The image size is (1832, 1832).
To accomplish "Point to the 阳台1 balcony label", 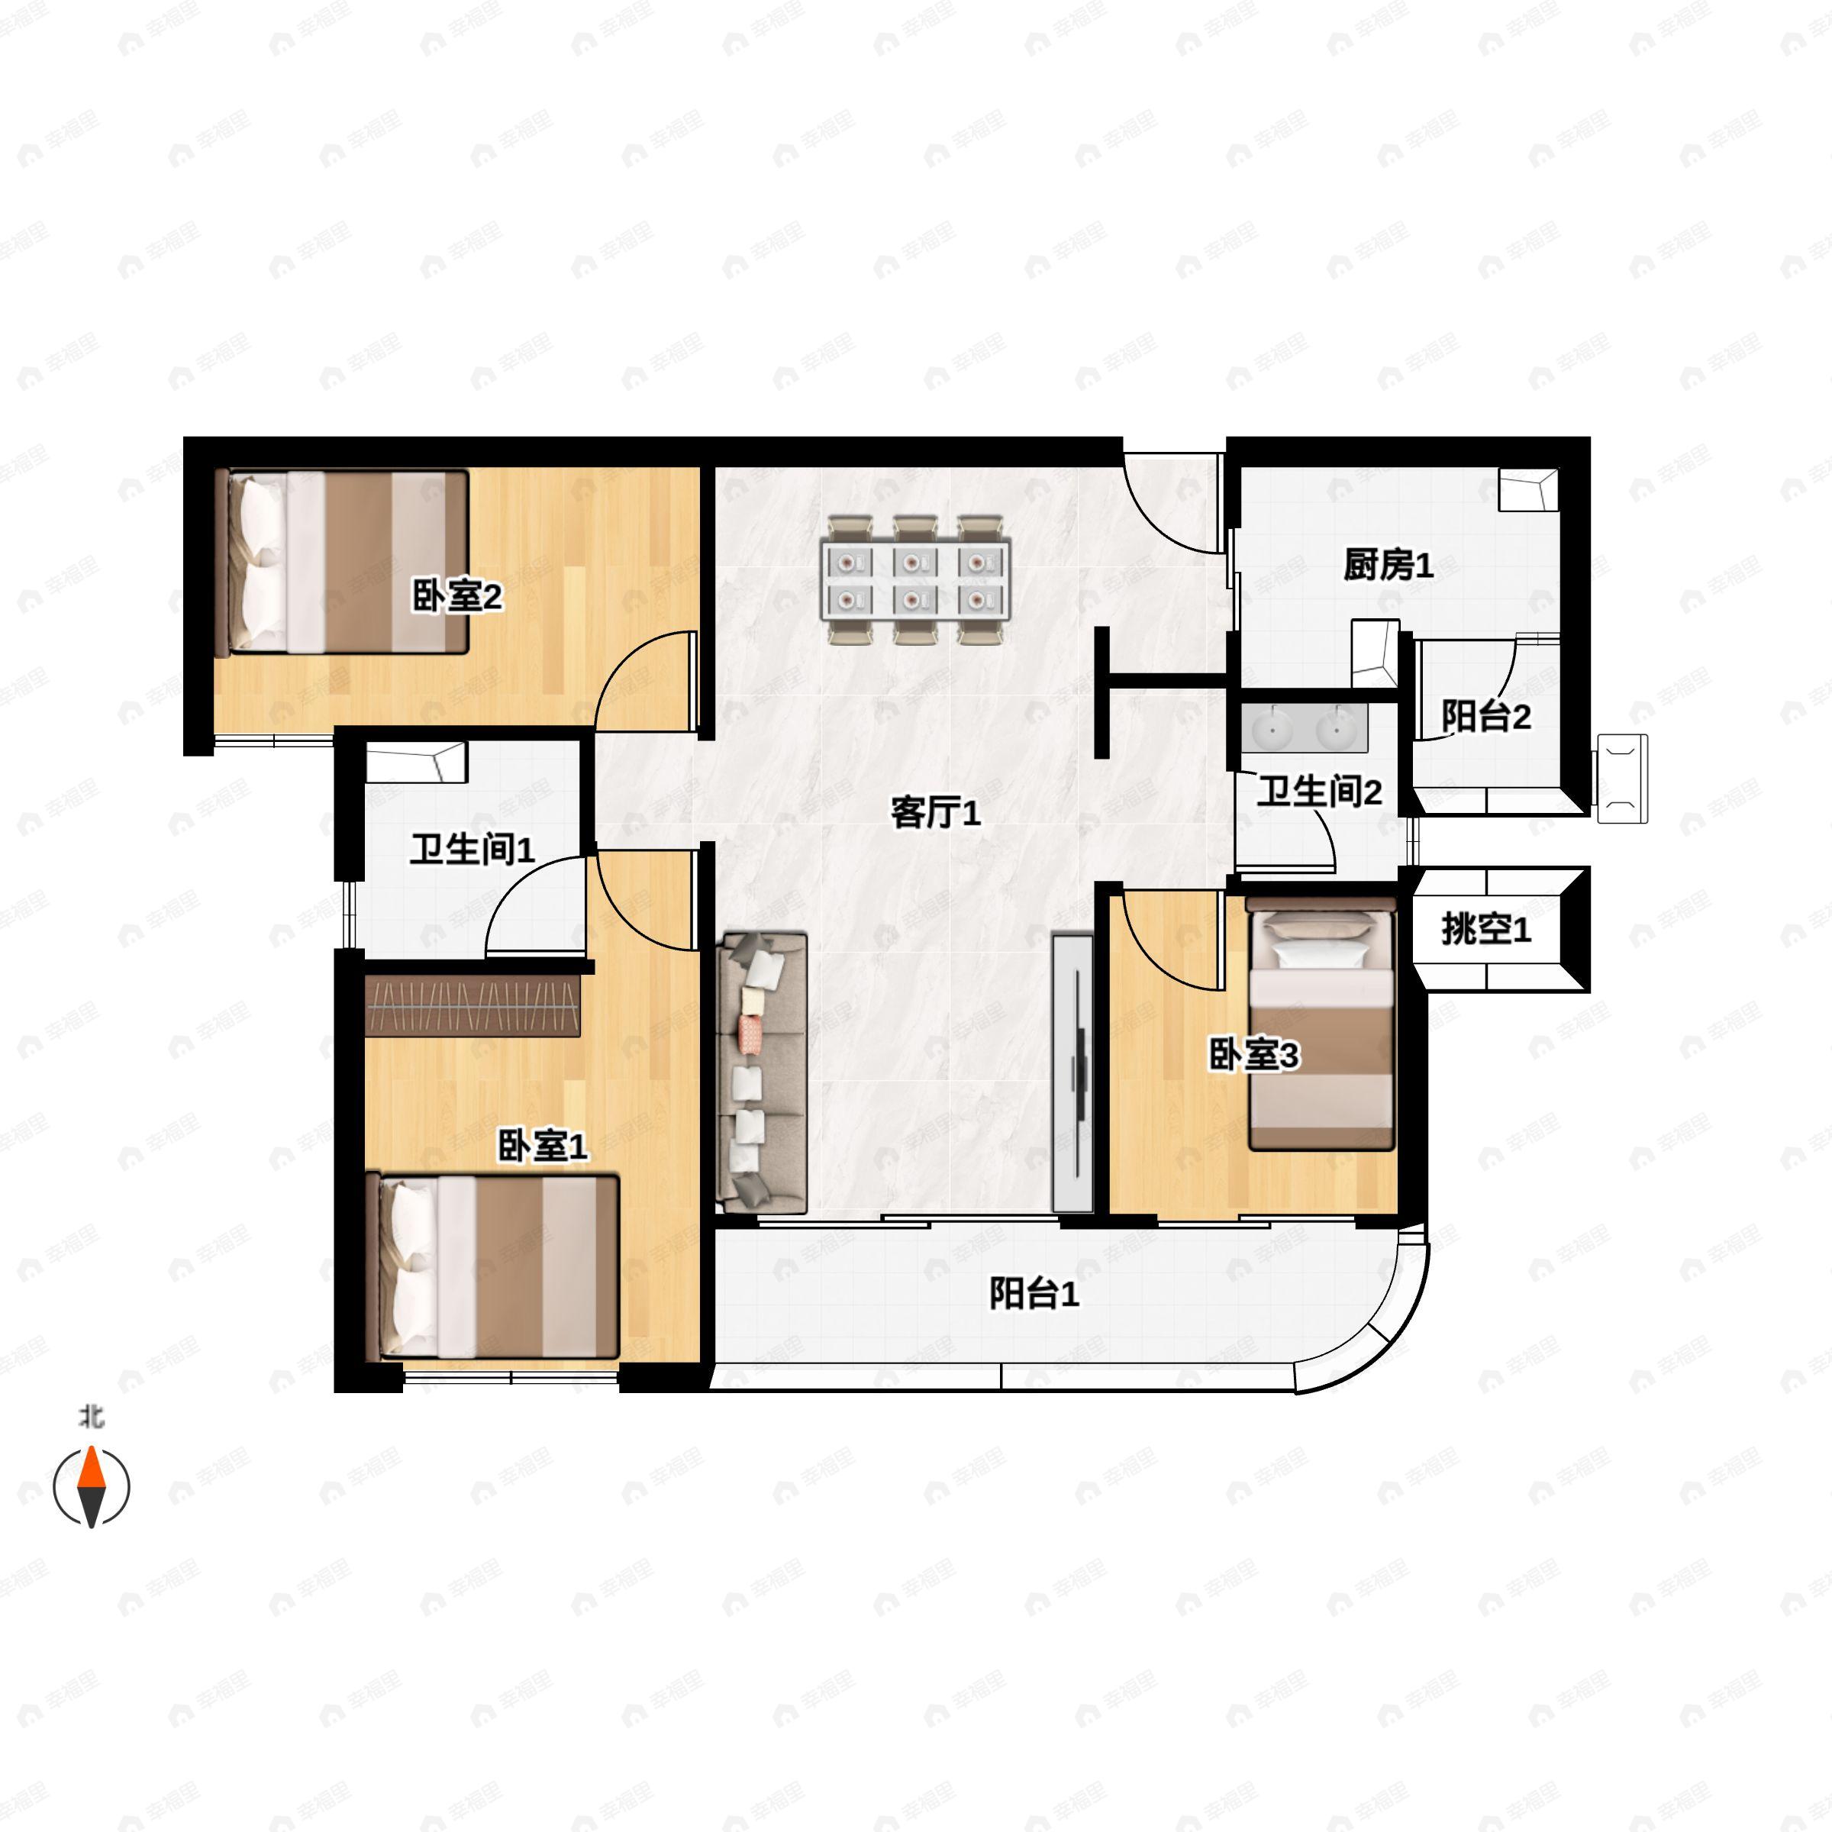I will pyautogui.click(x=1034, y=1293).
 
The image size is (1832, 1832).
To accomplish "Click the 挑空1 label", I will pyautogui.click(x=1486, y=929).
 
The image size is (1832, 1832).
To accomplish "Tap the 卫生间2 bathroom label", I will pyautogui.click(x=1319, y=791).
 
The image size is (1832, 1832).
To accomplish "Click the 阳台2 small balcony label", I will pyautogui.click(x=1486, y=716).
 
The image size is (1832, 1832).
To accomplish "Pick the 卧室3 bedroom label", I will pyautogui.click(x=1253, y=1054).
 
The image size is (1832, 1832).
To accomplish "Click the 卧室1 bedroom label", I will pyautogui.click(x=543, y=1147).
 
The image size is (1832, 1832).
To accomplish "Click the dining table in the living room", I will pyautogui.click(x=916, y=580).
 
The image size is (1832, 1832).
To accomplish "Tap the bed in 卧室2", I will pyautogui.click(x=341, y=563).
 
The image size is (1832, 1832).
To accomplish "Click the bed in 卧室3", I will pyautogui.click(x=1321, y=1029).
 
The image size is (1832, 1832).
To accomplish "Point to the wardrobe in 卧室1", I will pyautogui.click(x=473, y=1006).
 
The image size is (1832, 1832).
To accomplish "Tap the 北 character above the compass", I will pyautogui.click(x=91, y=1418).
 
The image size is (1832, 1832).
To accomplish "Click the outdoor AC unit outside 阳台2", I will pyautogui.click(x=1622, y=779).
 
